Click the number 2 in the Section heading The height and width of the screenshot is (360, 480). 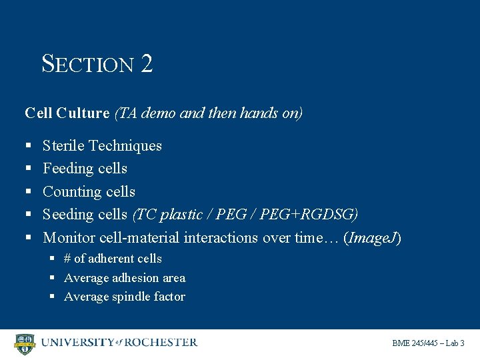[147, 64]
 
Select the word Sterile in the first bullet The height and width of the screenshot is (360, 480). [63, 145]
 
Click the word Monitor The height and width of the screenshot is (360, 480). [69, 238]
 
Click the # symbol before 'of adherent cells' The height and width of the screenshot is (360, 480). [68, 259]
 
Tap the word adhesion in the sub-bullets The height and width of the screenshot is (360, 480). [132, 278]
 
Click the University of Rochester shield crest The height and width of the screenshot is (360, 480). [25, 344]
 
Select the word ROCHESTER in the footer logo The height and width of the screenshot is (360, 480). [161, 343]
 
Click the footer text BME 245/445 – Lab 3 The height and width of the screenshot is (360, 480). [428, 343]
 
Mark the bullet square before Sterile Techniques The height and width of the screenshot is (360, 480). [29, 146]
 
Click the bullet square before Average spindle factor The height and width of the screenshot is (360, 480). [53, 297]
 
